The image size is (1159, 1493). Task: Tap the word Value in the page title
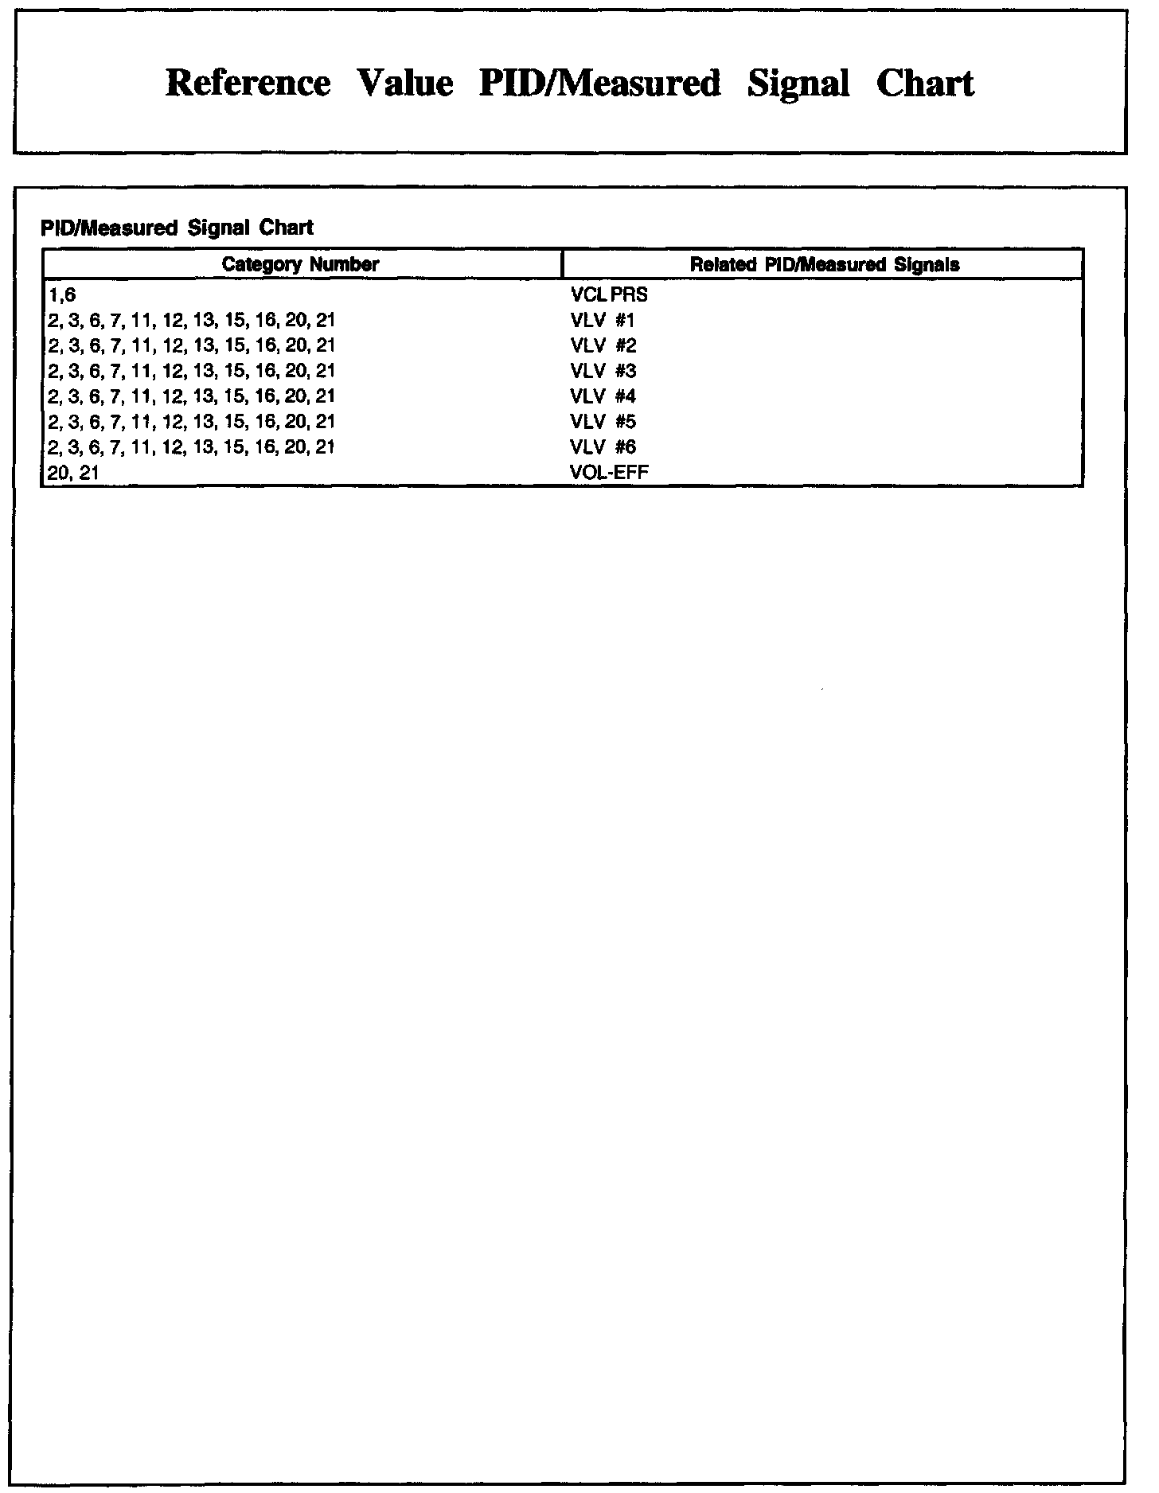[405, 84]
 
